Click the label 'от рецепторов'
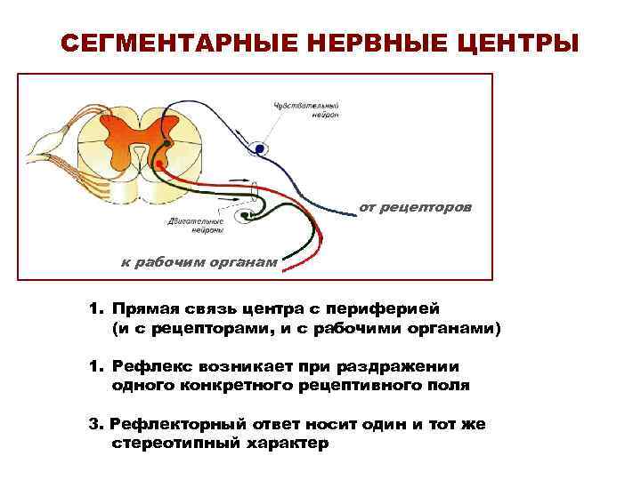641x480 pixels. click(x=416, y=207)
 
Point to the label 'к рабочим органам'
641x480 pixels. click(x=199, y=260)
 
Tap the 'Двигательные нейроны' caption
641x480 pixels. click(x=195, y=224)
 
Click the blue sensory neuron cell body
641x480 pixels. click(x=259, y=149)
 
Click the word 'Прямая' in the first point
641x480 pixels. click(x=144, y=308)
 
